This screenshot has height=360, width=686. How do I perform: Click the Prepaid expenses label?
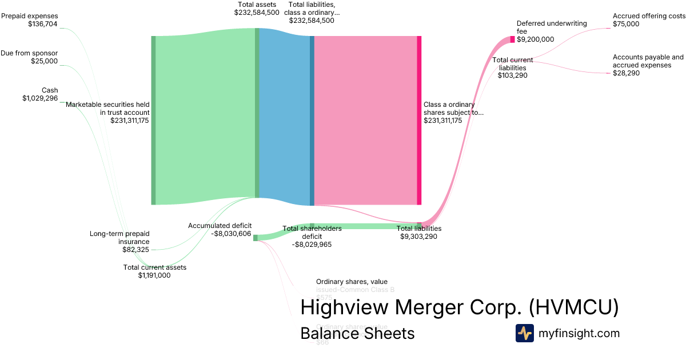pyautogui.click(x=29, y=16)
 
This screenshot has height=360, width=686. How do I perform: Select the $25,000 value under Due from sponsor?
pyautogui.click(x=44, y=61)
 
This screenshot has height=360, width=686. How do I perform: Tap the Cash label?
pyautogui.click(x=50, y=90)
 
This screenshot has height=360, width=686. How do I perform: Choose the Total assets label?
pyautogui.click(x=257, y=5)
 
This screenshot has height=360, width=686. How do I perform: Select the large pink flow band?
pyautogui.click(x=366, y=120)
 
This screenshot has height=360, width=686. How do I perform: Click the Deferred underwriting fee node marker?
pyautogui.click(x=512, y=39)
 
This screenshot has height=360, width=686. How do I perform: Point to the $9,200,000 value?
pyautogui.click(x=535, y=39)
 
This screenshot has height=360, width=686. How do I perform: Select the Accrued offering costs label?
pyautogui.click(x=649, y=16)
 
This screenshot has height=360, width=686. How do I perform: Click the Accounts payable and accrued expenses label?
pyautogui.click(x=648, y=61)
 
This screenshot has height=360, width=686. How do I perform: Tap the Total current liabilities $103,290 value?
pyautogui.click(x=512, y=75)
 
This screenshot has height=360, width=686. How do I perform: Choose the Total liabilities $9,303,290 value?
pyautogui.click(x=419, y=236)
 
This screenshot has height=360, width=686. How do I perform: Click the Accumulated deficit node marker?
pyautogui.click(x=256, y=237)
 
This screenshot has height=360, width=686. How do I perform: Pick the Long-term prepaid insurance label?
pyautogui.click(x=119, y=237)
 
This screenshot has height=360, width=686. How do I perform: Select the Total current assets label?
pyautogui.click(x=155, y=267)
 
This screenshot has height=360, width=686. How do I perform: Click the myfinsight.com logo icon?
pyautogui.click(x=524, y=333)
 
